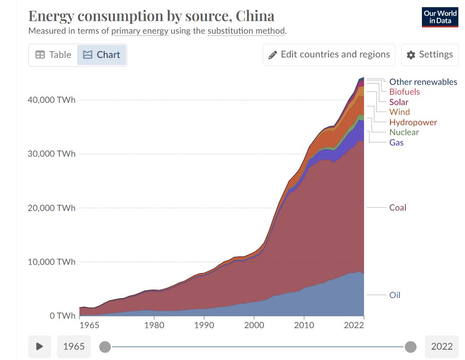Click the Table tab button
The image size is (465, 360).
[53, 55]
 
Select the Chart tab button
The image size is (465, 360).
[102, 55]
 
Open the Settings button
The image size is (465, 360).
[430, 55]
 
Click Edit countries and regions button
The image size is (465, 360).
[329, 55]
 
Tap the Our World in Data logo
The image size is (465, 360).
[440, 17]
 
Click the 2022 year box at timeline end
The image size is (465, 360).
[442, 347]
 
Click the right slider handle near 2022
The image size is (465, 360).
[410, 347]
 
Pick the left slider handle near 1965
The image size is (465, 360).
[105, 347]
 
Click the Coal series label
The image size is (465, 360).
[398, 208]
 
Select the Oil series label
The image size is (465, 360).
[395, 295]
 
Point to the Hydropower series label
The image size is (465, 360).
[413, 123]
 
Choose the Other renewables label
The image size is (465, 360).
[423, 82]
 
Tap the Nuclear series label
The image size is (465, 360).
[404, 132]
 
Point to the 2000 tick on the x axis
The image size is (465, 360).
[254, 325]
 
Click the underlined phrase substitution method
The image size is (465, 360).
[246, 31]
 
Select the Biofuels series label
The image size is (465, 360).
[404, 92]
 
